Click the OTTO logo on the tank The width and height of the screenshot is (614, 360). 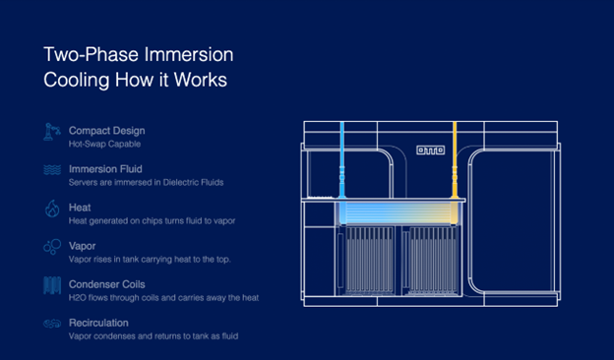click(x=430, y=150)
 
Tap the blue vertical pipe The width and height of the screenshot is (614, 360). click(x=341, y=159)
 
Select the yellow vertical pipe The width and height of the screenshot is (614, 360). click(x=455, y=159)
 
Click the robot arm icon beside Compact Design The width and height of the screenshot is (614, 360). click(x=52, y=132)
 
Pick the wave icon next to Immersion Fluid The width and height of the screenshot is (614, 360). click(x=52, y=170)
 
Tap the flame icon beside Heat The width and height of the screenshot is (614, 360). click(x=52, y=209)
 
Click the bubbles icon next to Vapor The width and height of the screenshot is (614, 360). click(x=52, y=247)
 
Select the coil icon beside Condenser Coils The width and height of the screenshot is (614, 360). click(x=52, y=285)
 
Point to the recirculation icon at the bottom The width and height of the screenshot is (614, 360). click(x=52, y=324)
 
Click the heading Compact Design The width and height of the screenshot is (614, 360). click(x=107, y=131)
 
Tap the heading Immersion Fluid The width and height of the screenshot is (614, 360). click(x=105, y=169)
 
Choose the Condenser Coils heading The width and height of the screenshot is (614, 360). click(x=107, y=284)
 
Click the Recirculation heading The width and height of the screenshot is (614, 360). click(x=98, y=323)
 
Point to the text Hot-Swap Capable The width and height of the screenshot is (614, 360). click(x=104, y=144)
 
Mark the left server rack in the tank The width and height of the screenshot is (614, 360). click(x=369, y=261)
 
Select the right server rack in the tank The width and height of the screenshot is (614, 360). click(x=433, y=261)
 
